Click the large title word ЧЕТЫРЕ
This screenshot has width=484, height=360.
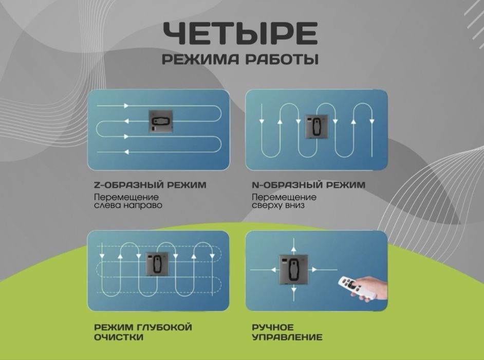click(x=240, y=33)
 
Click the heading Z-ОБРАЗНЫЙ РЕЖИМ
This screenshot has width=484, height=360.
click(x=150, y=185)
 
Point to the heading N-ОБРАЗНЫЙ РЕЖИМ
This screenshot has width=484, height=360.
click(x=309, y=185)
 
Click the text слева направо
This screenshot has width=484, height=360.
click(x=128, y=205)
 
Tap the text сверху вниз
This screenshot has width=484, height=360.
click(x=278, y=205)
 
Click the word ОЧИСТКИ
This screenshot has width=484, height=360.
click(x=119, y=338)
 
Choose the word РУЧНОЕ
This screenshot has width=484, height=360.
click(x=272, y=328)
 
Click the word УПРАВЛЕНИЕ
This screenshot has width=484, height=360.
click(x=287, y=338)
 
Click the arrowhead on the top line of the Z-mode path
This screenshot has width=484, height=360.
click(x=125, y=106)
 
